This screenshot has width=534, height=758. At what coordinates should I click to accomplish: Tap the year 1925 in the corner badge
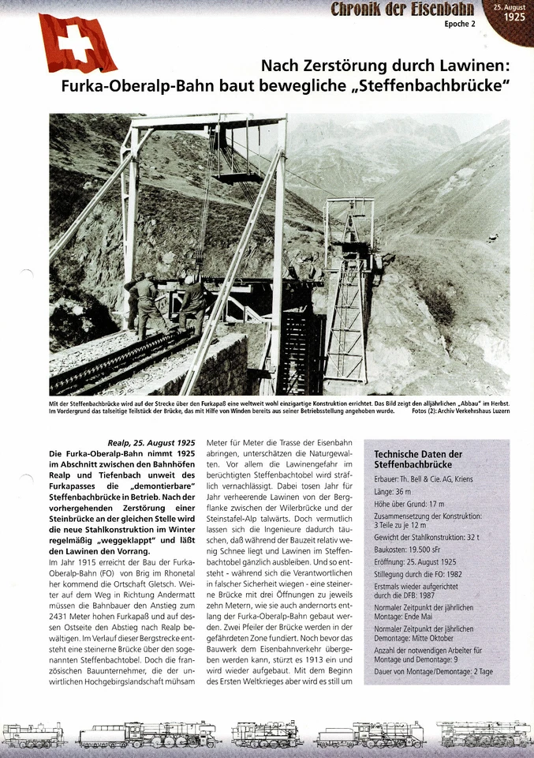coord(514,16)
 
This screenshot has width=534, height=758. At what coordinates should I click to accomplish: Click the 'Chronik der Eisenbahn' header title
coord(402,9)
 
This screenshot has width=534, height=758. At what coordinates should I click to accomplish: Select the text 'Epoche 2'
coord(460,24)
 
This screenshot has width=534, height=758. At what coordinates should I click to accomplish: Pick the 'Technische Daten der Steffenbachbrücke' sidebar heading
coord(418,460)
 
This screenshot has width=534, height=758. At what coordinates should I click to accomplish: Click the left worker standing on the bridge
coord(145,300)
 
